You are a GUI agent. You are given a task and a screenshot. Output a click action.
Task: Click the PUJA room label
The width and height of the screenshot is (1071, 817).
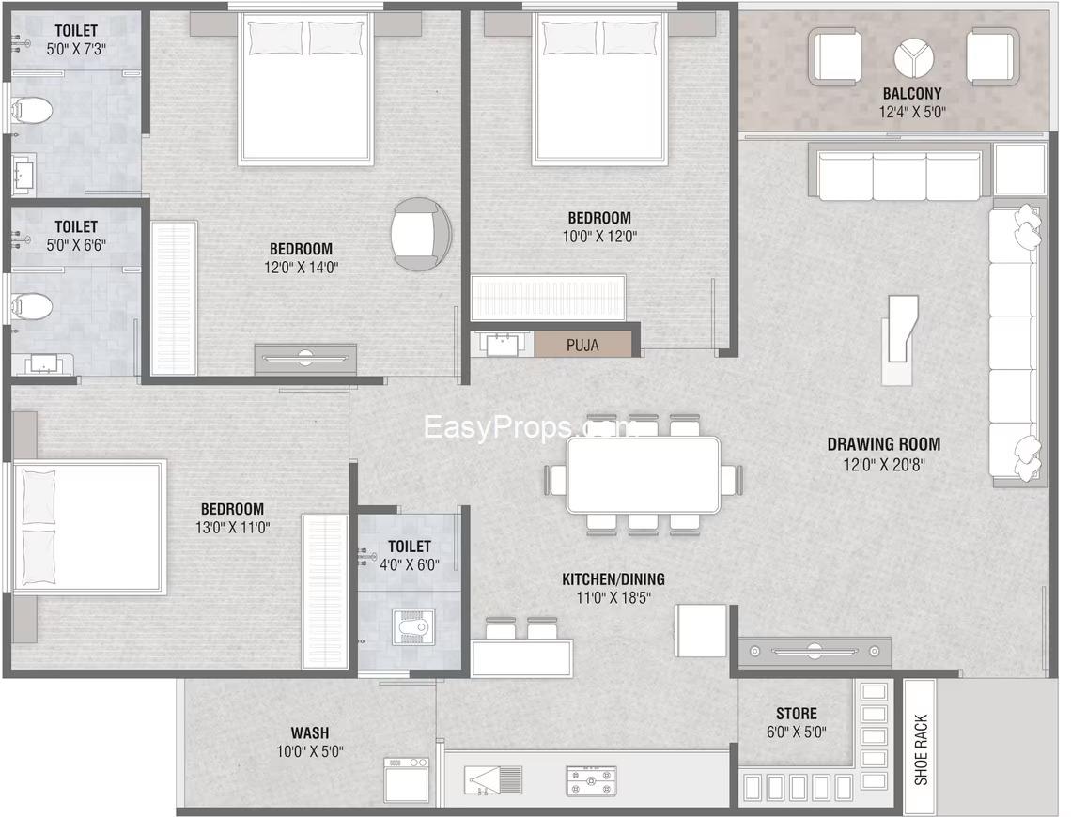(x=582, y=346)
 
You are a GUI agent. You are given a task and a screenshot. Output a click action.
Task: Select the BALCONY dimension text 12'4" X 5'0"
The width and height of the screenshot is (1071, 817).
(x=912, y=112)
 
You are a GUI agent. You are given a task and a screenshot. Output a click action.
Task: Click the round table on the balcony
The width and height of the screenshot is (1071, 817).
(x=913, y=57)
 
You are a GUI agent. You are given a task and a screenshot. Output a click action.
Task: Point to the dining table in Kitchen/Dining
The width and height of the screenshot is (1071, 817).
(x=643, y=475)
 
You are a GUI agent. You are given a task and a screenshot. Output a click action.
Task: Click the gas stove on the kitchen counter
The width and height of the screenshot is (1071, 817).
(x=591, y=780)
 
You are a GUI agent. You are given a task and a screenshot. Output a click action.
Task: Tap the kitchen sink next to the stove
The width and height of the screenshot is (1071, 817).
(x=493, y=780)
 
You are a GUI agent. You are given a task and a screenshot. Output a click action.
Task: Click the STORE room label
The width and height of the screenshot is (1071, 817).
(x=797, y=714)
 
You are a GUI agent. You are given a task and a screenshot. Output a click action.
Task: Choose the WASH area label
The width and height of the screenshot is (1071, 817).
(x=309, y=733)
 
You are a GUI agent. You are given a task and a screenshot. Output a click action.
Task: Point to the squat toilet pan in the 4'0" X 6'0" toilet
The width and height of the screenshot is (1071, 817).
(x=412, y=627)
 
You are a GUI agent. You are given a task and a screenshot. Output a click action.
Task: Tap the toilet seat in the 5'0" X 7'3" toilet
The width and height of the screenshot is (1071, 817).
(x=31, y=110)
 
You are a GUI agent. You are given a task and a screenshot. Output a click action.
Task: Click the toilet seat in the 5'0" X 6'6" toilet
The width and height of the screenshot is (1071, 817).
(x=31, y=306)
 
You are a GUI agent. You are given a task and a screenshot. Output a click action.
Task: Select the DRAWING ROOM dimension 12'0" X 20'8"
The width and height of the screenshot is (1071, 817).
(x=883, y=465)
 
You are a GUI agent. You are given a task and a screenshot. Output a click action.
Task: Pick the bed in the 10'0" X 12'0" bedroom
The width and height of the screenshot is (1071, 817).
(x=599, y=88)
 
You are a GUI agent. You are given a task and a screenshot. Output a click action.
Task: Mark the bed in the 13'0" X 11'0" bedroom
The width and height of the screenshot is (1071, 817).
(x=89, y=527)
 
